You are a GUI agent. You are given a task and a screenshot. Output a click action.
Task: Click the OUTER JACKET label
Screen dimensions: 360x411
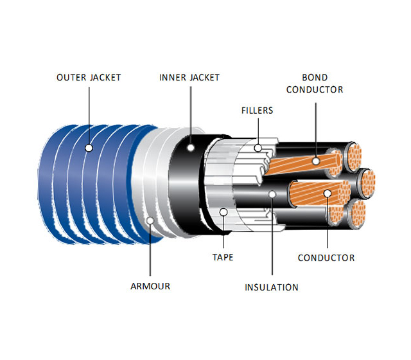point(89,78)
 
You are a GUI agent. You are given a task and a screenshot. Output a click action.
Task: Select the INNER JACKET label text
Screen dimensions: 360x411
point(189,78)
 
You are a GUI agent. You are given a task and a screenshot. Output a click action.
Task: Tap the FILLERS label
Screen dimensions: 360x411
point(257,111)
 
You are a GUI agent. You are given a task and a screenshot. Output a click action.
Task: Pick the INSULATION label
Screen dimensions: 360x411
point(272,287)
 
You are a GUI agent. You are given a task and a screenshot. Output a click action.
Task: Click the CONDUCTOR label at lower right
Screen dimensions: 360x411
point(326,258)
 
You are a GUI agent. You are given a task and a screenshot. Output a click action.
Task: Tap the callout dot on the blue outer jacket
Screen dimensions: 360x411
point(89,147)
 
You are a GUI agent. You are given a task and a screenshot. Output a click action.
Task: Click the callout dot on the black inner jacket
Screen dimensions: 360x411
point(190,147)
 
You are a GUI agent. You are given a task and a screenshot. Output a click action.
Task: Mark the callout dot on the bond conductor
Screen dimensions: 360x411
point(315,158)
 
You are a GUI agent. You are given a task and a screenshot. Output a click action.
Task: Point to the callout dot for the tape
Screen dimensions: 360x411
point(223,211)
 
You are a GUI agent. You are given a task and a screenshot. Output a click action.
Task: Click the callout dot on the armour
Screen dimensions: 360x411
point(149,221)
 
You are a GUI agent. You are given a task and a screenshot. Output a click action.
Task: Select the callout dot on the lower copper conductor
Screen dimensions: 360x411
point(326,192)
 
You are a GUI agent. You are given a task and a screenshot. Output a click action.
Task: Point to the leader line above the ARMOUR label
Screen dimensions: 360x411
point(149,251)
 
